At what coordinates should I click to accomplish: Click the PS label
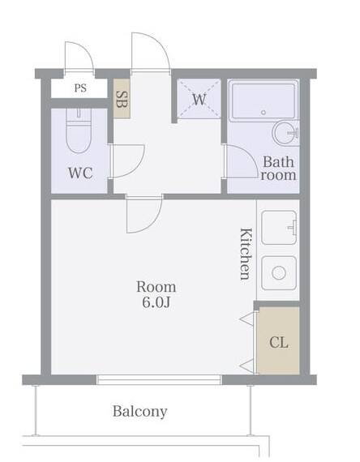click(80, 88)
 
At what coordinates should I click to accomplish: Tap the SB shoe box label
click(122, 100)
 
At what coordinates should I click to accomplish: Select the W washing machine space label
click(199, 100)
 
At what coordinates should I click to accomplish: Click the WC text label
click(80, 173)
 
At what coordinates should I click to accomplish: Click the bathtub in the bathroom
click(264, 101)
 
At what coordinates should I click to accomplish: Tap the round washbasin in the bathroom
click(285, 133)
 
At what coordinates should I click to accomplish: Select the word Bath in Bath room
click(278, 162)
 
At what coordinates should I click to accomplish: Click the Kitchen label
click(246, 254)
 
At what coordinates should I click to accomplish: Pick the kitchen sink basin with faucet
click(279, 228)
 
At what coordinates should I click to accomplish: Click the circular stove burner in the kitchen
click(279, 273)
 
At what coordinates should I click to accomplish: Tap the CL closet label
click(279, 343)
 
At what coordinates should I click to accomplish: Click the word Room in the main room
click(156, 287)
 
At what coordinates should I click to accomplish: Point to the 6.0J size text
click(156, 302)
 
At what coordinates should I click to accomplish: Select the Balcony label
click(139, 411)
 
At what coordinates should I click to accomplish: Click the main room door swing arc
click(152, 221)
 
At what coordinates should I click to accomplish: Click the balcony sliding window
click(159, 380)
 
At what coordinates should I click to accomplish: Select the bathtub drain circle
click(264, 113)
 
